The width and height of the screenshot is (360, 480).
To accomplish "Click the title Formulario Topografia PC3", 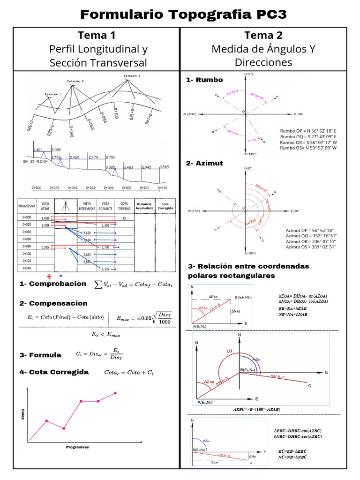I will (183, 15).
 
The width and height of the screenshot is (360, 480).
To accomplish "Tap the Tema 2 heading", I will (263, 35).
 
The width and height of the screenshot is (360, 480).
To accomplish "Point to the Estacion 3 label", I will (132, 75).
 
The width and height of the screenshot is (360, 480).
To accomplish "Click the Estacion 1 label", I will (52, 94).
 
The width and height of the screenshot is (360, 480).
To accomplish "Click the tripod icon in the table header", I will (64, 207).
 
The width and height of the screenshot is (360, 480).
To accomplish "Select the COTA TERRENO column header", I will (124, 207).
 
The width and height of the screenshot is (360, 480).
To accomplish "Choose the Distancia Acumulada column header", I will (144, 207).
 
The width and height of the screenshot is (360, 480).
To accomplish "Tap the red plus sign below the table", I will (49, 276).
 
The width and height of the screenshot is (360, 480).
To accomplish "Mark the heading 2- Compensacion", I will (53, 303).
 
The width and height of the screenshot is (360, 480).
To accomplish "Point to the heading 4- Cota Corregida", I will (54, 372).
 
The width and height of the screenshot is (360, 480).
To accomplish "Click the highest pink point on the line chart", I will (115, 393).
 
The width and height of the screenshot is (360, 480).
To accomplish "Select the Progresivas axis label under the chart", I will (77, 447).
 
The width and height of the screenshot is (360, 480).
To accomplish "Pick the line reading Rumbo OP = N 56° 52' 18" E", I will (308, 131).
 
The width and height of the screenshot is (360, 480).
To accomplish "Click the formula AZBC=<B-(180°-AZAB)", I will (256, 409).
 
